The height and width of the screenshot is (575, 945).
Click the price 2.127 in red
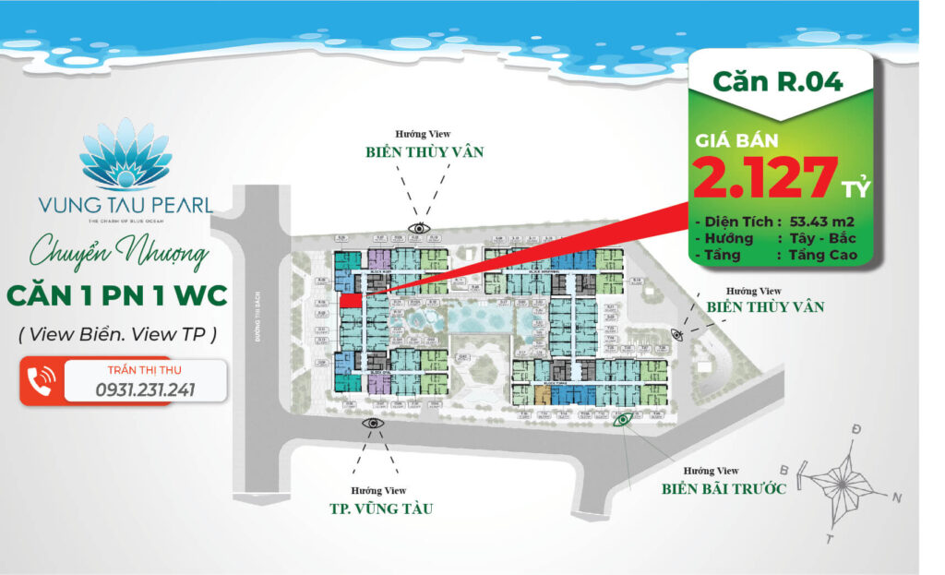pos(766,178)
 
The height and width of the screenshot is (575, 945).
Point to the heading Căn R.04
pos(777,80)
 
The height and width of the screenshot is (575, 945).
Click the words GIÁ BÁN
pos(736,140)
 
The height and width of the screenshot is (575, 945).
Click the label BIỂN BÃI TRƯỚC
pos(724,488)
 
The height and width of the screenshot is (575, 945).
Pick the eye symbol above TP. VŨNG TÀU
pos(374,423)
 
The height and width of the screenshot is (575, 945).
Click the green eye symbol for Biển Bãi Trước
pos(624,421)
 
